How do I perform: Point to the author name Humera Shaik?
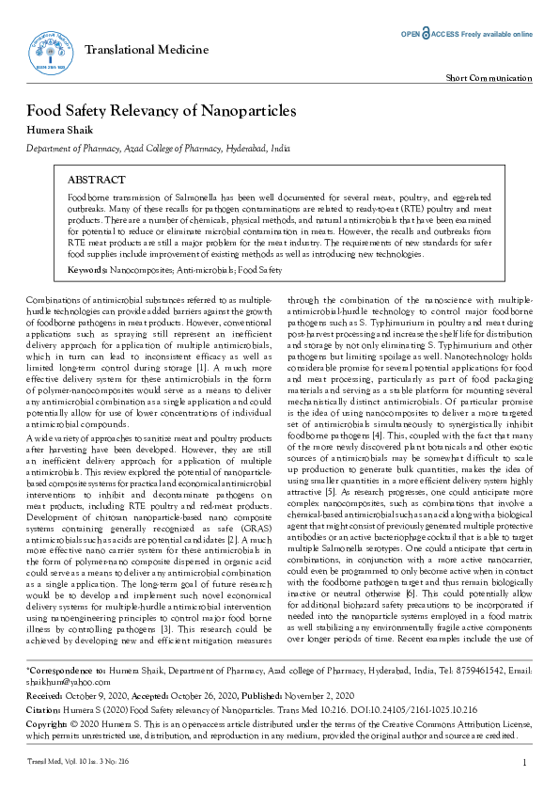coord(55,131)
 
